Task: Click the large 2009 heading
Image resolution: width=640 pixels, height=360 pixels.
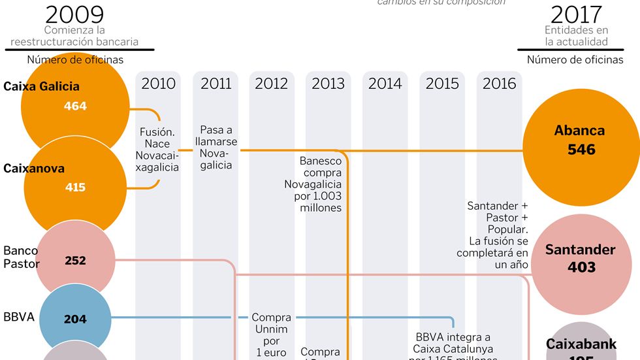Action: [74, 14]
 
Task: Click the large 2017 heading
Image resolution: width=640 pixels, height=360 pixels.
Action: [576, 14]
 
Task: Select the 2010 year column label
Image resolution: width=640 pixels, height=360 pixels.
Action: [159, 84]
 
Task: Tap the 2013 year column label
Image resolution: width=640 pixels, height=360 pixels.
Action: [328, 84]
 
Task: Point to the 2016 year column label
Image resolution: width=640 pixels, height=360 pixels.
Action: [499, 84]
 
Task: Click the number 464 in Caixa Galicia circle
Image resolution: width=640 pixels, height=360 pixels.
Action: [75, 106]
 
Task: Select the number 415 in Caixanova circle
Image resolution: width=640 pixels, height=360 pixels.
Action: [75, 188]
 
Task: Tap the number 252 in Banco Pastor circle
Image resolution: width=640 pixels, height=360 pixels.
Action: [75, 261]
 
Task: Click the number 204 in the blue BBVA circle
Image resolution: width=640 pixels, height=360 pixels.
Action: [75, 319]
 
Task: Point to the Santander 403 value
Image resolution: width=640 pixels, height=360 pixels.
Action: [581, 267]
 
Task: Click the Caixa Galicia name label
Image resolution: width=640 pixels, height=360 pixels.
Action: [41, 86]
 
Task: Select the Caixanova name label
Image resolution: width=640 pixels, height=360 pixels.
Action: [34, 169]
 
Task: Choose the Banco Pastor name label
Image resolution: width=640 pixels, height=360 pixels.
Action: [22, 257]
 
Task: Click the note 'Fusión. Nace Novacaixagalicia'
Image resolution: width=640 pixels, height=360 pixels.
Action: [157, 150]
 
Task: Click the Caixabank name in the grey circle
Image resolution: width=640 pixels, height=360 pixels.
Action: [581, 344]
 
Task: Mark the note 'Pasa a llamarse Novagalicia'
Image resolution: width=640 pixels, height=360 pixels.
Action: [216, 148]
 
